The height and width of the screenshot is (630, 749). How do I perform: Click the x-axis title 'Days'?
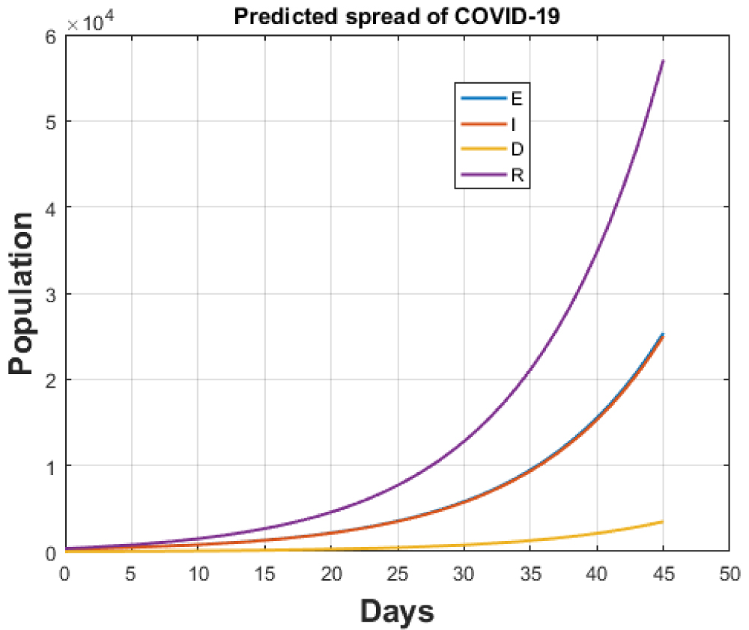[396, 611]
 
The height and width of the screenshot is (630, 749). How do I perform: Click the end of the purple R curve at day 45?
[663, 61]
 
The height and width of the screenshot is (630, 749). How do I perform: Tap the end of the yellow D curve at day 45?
[663, 522]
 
